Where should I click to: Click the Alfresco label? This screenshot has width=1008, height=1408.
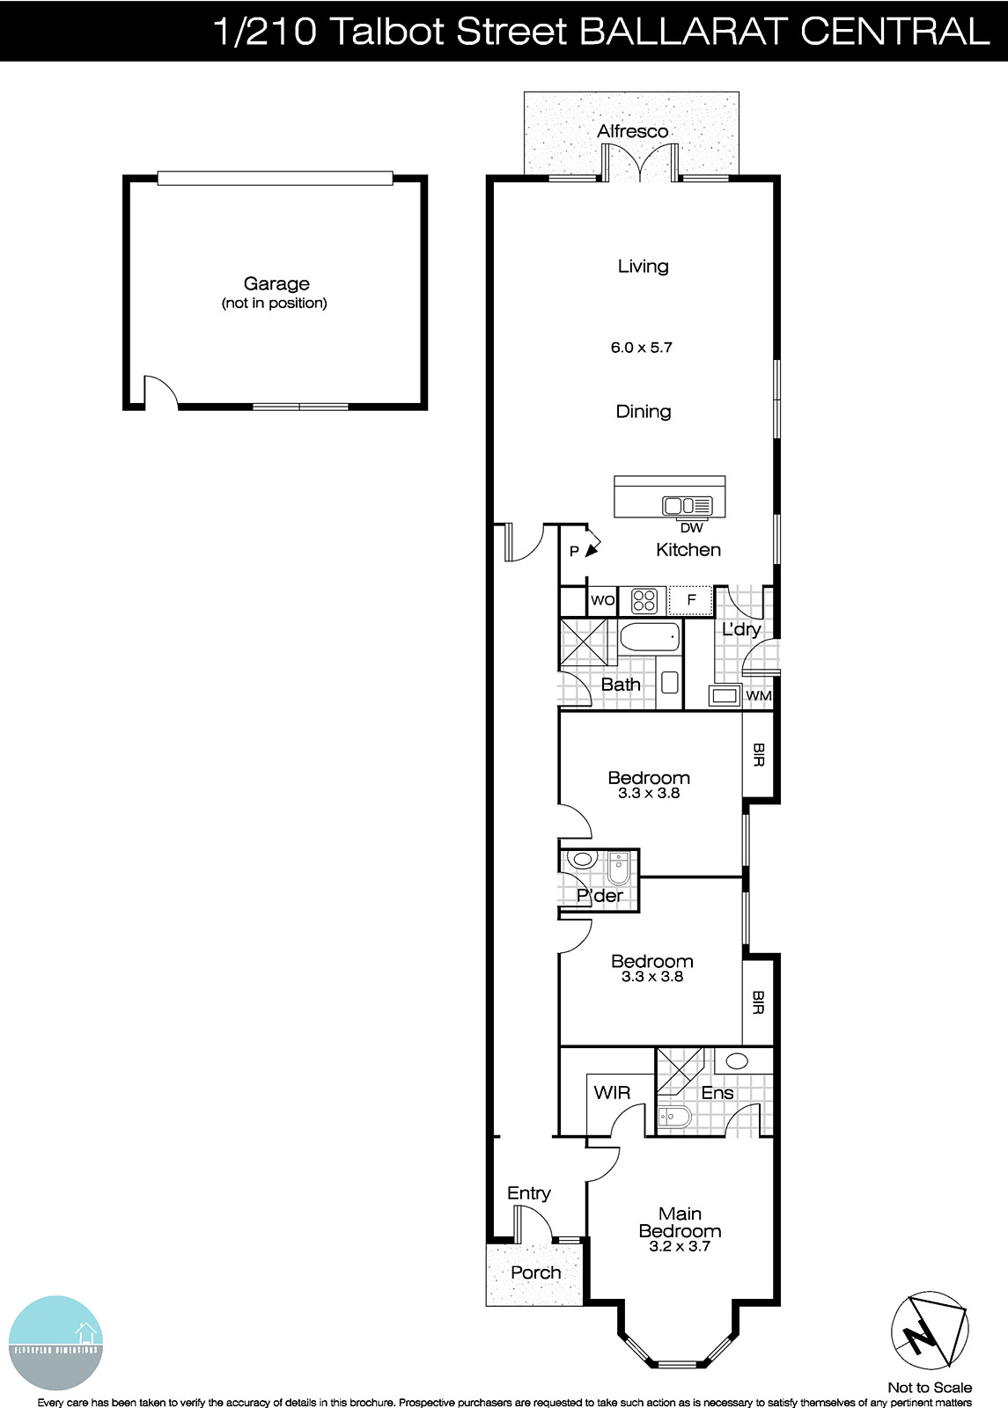click(x=632, y=131)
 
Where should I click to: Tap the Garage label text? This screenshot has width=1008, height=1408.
click(x=276, y=283)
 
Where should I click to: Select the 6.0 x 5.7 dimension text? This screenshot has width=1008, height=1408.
click(x=641, y=348)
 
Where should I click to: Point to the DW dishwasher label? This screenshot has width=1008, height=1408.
click(x=692, y=528)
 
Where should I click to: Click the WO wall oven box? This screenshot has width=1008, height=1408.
click(x=602, y=600)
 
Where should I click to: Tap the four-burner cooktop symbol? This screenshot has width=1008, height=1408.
click(x=644, y=601)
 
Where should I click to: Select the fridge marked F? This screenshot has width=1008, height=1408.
click(x=692, y=600)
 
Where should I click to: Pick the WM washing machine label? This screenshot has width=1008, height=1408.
click(x=759, y=696)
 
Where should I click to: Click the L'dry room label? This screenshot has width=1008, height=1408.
click(x=741, y=629)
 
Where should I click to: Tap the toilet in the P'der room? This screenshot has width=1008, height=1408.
click(x=618, y=869)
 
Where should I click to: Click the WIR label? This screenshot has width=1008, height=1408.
click(x=612, y=1092)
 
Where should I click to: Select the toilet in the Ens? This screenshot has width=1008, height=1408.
click(x=675, y=1118)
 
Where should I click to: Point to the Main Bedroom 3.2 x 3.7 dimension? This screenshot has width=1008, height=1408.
click(x=680, y=1246)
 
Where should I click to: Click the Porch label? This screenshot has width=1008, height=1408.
click(x=535, y=1272)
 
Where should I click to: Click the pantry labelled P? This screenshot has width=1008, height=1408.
click(x=574, y=552)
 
